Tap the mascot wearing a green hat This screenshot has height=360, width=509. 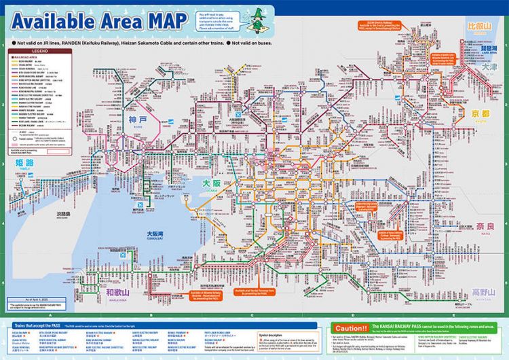pyautogui.click(x=257, y=19)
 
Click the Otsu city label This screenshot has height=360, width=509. pyautogui.click(x=489, y=68)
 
